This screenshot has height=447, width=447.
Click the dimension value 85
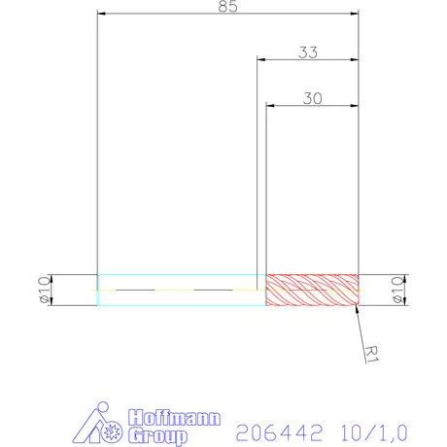pos(228,7)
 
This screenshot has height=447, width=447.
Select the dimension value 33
pos(308,52)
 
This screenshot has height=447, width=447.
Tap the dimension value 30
pos(312,97)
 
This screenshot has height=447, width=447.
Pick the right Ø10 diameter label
pos(396,290)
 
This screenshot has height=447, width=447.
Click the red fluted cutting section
pos(312,290)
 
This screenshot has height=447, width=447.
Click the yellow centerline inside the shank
pos(146,290)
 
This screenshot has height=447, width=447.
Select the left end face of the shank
pos(98,290)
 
